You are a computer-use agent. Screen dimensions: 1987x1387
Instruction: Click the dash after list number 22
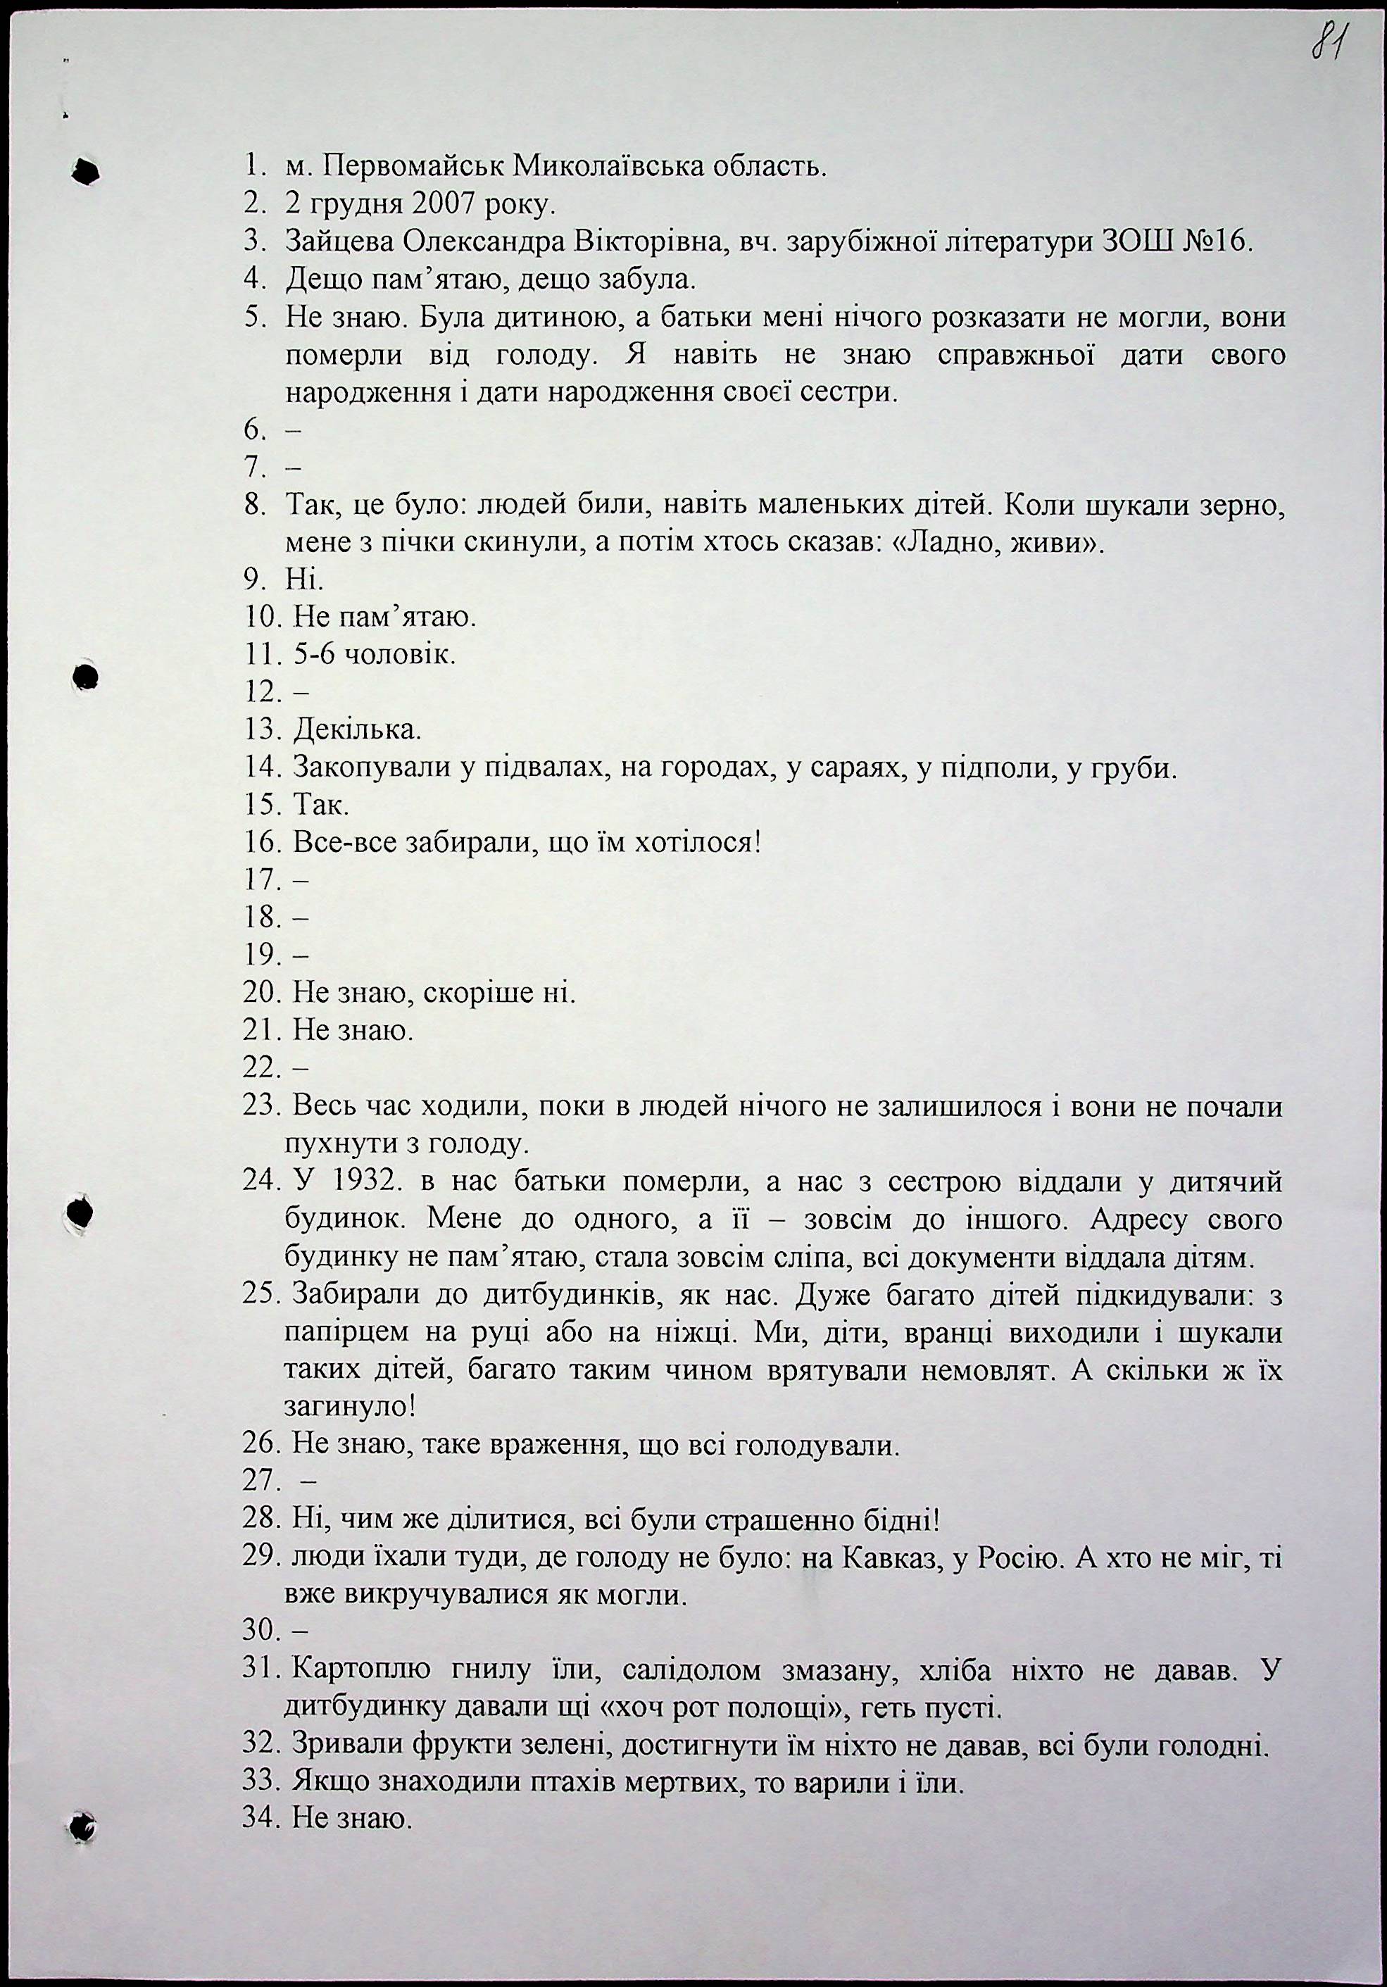(x=302, y=1070)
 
